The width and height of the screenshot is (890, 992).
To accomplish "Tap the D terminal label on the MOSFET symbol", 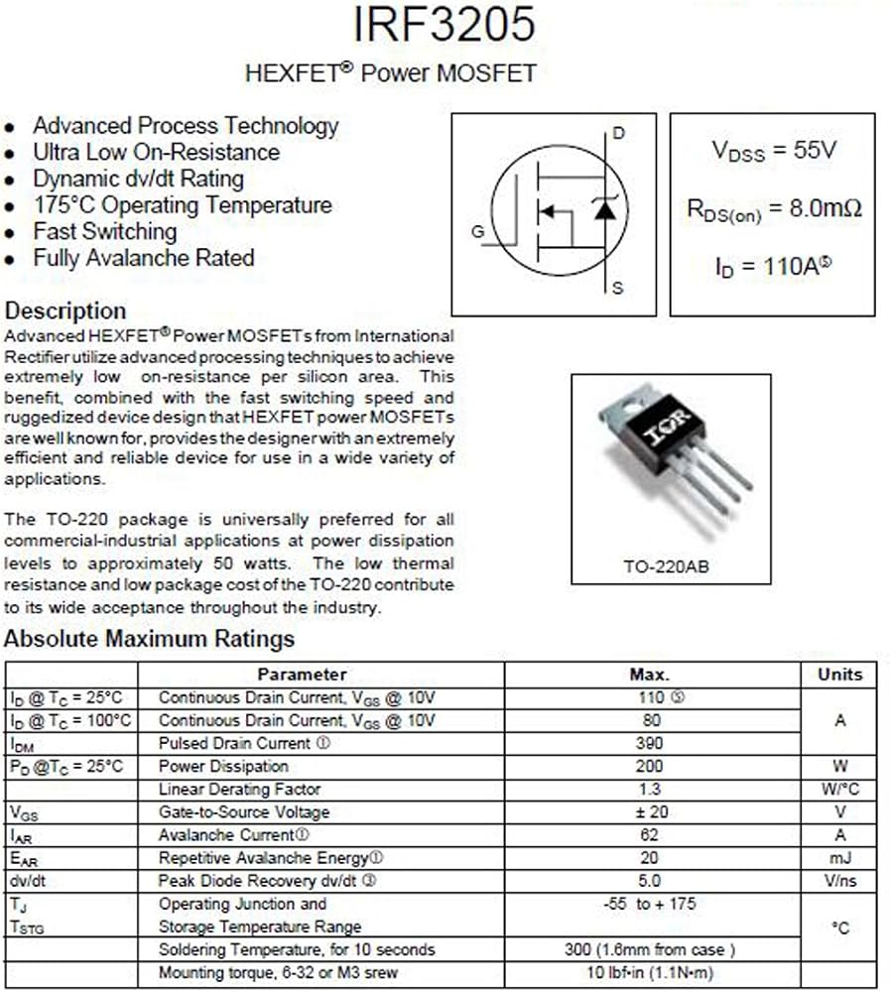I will [619, 134].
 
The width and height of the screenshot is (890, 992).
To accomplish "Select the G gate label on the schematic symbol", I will [478, 232].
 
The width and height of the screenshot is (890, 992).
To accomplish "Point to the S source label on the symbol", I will [618, 289].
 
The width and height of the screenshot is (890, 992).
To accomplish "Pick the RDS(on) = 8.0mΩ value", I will [774, 209].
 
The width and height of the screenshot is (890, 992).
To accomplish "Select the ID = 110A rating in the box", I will [772, 267].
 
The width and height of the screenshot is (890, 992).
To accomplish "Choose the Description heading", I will [65, 310].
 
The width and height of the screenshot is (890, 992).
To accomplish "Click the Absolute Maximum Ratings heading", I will [149, 638].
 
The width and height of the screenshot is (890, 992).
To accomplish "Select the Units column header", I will [839, 675].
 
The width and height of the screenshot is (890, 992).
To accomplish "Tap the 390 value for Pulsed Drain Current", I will [651, 743].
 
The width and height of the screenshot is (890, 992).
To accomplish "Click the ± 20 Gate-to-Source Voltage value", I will [651, 812].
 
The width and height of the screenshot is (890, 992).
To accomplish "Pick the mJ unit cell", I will [839, 858].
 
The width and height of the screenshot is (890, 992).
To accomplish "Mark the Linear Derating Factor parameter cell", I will [239, 790].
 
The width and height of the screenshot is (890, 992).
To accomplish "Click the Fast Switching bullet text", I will [104, 231].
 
